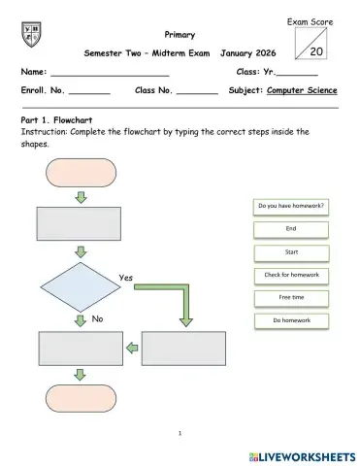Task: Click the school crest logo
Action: click(30, 36)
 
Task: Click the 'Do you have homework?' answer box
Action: click(291, 206)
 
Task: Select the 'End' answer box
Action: click(291, 228)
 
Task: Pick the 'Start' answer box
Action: click(291, 251)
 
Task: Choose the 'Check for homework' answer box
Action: click(291, 275)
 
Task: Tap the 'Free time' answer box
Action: click(291, 297)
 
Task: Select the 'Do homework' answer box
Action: click(291, 320)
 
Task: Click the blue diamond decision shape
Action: click(80, 286)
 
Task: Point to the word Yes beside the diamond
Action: click(126, 278)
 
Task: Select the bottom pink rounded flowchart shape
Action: click(80, 399)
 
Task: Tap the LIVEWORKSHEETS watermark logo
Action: click(303, 455)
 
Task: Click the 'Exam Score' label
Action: click(311, 20)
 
